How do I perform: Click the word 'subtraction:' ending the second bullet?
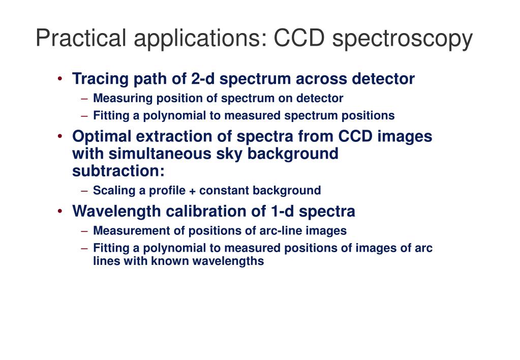tap(118, 171)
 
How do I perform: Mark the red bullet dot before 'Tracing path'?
tap(60, 78)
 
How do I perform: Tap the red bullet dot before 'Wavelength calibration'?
tap(60, 210)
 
